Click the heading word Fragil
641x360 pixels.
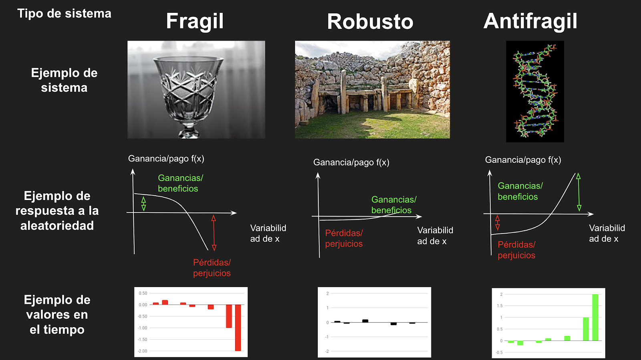[x=195, y=21]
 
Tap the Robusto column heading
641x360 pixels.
[x=370, y=22]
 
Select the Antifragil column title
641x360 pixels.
[x=530, y=21]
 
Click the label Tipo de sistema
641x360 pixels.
[x=64, y=14]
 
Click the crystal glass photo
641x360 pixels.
[x=196, y=89]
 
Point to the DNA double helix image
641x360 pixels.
[x=535, y=91]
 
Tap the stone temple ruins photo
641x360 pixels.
[x=372, y=89]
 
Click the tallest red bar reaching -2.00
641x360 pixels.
[x=238, y=328]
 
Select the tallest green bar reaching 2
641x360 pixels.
[x=595, y=317]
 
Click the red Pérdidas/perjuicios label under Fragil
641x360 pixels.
[x=212, y=268]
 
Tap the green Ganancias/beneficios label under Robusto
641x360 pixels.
[x=393, y=205]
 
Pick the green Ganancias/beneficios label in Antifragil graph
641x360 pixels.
[x=520, y=191]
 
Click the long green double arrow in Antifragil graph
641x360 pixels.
[x=579, y=192]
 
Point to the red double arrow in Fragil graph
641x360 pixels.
[x=214, y=233]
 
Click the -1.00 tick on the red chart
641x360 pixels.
[x=143, y=328]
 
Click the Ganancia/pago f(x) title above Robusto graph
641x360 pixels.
[x=351, y=162]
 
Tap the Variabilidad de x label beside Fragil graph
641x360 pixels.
[x=268, y=233]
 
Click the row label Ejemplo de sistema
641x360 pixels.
[x=64, y=80]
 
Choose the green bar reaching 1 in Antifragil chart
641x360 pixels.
[x=586, y=329]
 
